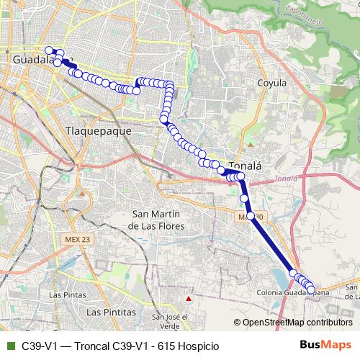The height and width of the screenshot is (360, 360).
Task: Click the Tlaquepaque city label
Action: coord(98,132)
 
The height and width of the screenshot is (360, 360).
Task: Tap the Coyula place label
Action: coord(272,83)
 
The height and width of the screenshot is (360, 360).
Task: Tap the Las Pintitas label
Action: coord(111,312)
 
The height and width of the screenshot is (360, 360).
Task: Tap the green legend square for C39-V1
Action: coord(9,345)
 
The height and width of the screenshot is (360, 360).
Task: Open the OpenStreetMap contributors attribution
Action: coord(297,323)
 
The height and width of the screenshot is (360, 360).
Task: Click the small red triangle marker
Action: coord(189,298)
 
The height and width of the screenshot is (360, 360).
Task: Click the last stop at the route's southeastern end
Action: coord(311,290)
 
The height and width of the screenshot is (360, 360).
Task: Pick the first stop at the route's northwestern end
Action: coord(49,50)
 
